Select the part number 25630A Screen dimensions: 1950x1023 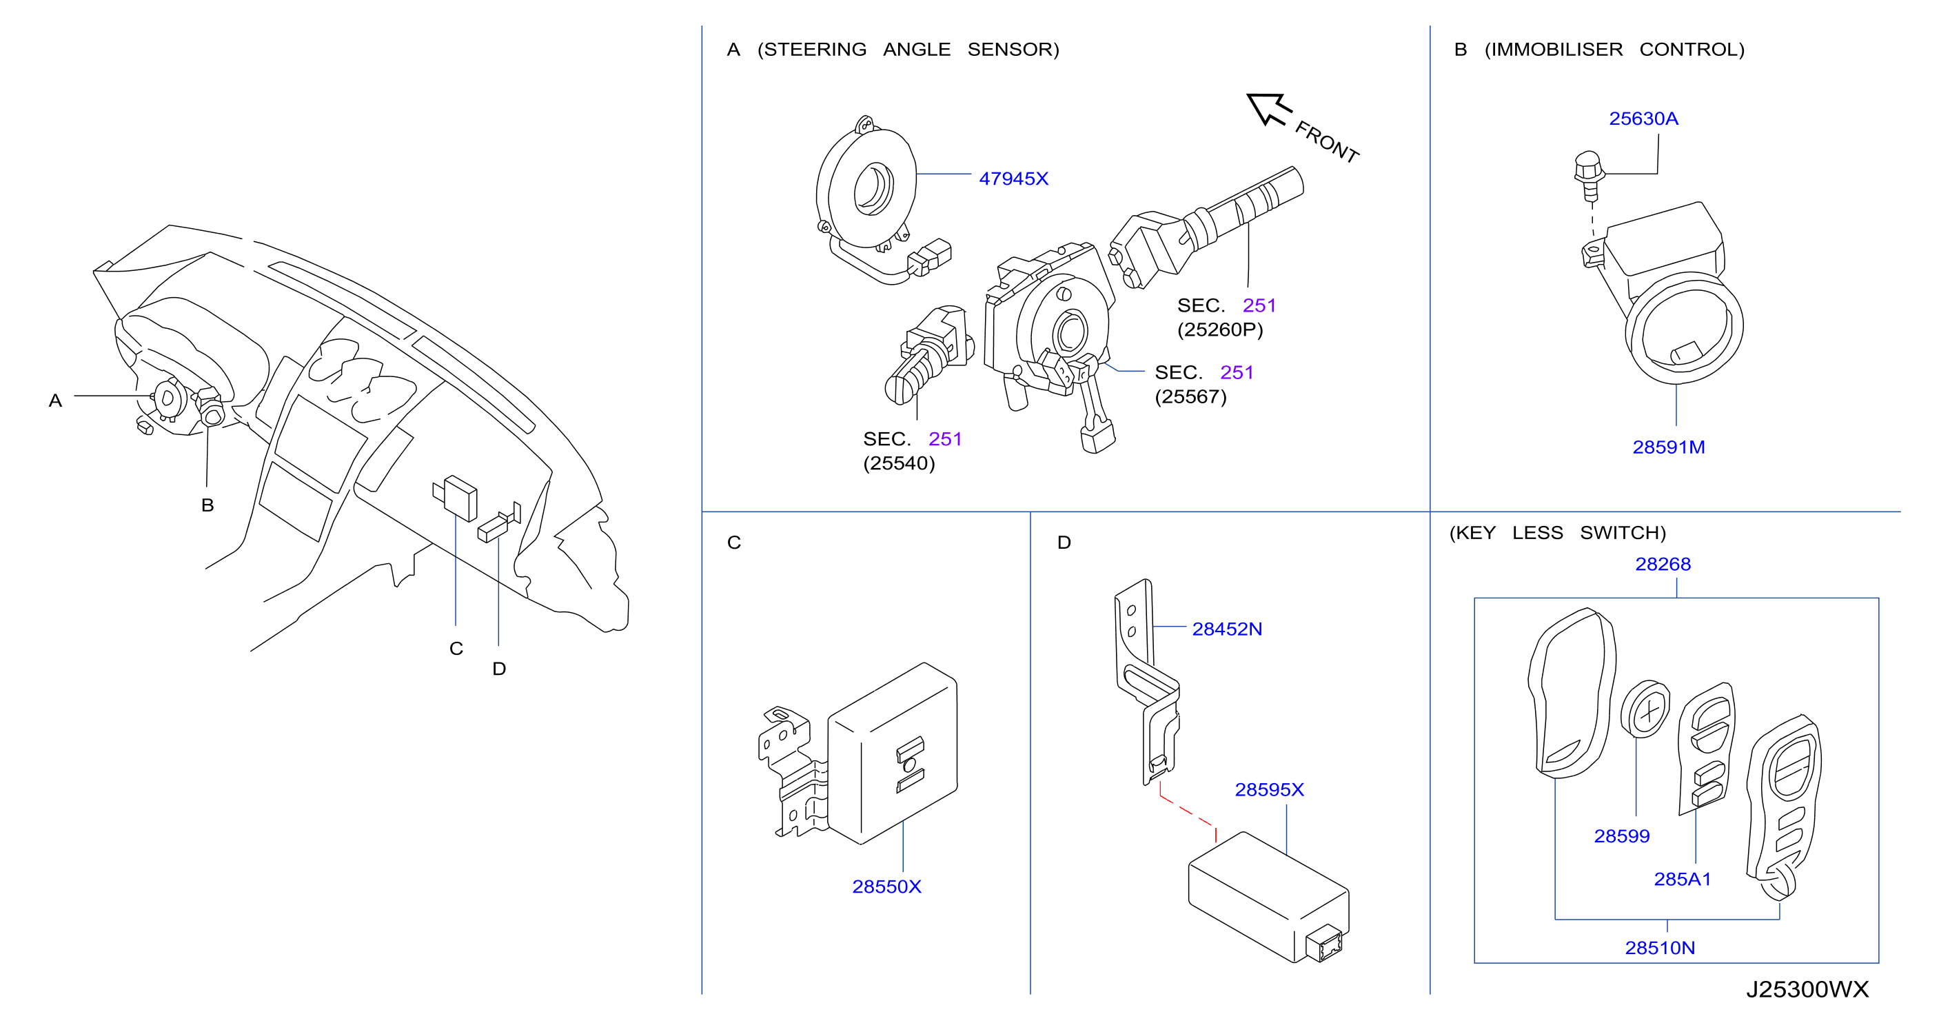pyautogui.click(x=1643, y=119)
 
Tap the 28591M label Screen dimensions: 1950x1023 pyautogui.click(x=1668, y=447)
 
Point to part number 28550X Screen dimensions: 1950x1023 pyautogui.click(x=886, y=886)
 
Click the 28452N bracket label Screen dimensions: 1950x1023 pyautogui.click(x=1227, y=629)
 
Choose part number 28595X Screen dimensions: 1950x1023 pyautogui.click(x=1270, y=789)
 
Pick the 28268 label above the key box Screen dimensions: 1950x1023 pyautogui.click(x=1663, y=564)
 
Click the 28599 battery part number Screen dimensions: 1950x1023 pyautogui.click(x=1621, y=836)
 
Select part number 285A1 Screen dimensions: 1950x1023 pyautogui.click(x=1682, y=878)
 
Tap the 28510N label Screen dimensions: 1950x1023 pyautogui.click(x=1660, y=947)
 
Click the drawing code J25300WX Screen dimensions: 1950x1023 pyautogui.click(x=1808, y=989)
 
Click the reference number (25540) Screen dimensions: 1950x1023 pyautogui.click(x=900, y=463)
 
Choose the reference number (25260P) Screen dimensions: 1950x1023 pyautogui.click(x=1220, y=330)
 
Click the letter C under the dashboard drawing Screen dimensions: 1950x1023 pyautogui.click(x=456, y=648)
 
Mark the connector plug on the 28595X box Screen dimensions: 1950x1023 pyautogui.click(x=1324, y=944)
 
